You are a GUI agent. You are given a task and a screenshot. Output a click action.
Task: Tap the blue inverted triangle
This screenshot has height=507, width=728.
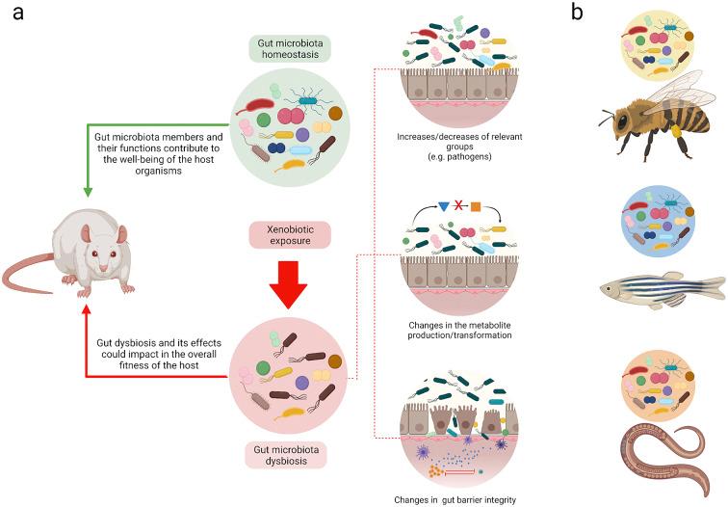(x=443, y=206)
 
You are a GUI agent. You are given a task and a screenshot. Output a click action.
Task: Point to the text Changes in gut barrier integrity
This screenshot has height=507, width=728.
(x=454, y=499)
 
